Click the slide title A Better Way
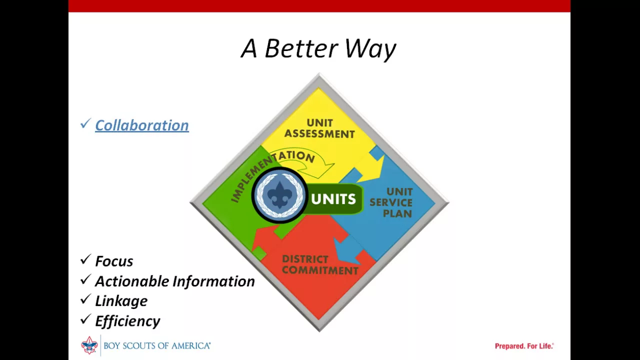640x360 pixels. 318,49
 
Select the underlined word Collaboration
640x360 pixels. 141,125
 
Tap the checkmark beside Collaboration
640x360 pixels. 85,123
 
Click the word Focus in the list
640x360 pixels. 114,261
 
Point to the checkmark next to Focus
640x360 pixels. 85,259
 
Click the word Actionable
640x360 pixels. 132,281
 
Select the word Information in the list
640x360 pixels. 213,281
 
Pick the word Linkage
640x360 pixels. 121,301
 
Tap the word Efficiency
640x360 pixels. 127,321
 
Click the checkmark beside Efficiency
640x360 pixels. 85,319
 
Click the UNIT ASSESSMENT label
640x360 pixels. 319,128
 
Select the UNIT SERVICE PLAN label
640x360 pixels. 391,202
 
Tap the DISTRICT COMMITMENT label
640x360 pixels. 320,265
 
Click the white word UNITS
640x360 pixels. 333,199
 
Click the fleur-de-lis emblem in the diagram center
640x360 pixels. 279,194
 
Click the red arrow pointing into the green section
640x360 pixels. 264,237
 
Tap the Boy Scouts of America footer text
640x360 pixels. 157,346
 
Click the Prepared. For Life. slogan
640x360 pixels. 524,346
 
